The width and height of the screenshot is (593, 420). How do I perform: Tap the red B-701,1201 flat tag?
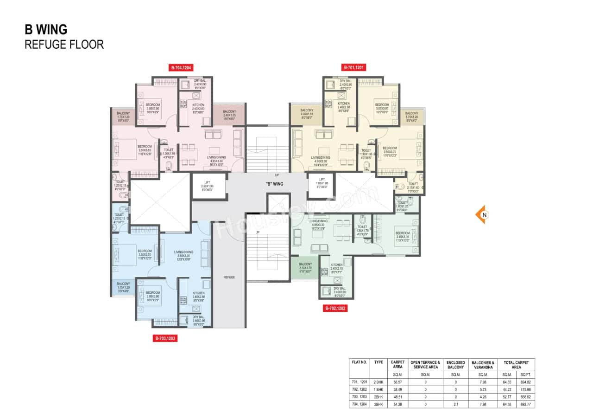point(354,68)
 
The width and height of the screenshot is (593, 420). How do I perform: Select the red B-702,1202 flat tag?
point(336,308)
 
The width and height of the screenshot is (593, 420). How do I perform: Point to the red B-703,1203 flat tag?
point(165,339)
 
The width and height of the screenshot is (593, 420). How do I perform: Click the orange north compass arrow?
point(481,214)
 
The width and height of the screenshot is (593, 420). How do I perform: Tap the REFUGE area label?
point(229,277)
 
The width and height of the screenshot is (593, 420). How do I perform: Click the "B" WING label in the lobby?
point(274,184)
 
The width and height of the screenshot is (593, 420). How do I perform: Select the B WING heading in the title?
point(46,30)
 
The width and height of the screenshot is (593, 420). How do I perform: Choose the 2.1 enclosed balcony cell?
point(455,404)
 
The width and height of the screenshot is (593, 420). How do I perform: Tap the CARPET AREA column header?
point(397,364)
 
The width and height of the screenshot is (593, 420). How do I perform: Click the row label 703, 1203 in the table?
point(360,397)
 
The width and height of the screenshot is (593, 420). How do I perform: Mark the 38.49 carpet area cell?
point(397,389)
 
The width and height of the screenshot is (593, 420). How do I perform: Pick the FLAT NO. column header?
point(360,362)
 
